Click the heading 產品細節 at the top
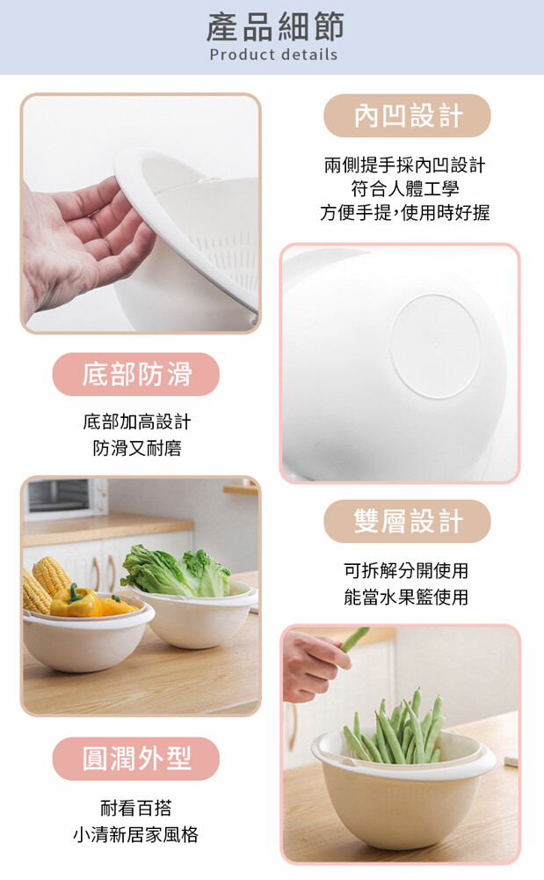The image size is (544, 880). [274, 27]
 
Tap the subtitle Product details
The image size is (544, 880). [274, 55]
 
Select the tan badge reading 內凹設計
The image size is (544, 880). [407, 115]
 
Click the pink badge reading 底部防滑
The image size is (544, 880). [136, 374]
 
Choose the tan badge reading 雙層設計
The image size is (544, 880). [407, 521]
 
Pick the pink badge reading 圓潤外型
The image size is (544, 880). [136, 759]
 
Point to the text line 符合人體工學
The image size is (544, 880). [405, 188]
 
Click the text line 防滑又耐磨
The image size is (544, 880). [137, 448]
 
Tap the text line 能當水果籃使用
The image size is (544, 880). [406, 597]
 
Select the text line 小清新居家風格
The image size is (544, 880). [136, 834]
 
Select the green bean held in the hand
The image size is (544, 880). [354, 639]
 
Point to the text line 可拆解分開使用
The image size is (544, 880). [406, 571]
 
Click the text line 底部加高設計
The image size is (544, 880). [137, 422]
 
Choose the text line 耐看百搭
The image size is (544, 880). [136, 808]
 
